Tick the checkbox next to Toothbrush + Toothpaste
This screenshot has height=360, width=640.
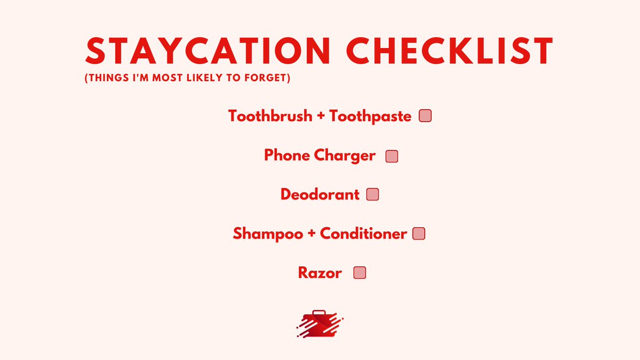point(425,116)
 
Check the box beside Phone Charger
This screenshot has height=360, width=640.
point(392,156)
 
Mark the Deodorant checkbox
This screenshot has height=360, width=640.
point(373,194)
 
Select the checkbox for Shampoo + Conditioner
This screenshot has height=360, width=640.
point(419,234)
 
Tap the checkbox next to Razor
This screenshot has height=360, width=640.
point(360,273)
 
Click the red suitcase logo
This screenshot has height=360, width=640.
point(319,323)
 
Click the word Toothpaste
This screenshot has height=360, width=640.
point(371,116)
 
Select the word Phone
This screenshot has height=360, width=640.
point(287,156)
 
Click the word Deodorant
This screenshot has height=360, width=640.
point(320,194)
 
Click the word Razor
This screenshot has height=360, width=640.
point(320,273)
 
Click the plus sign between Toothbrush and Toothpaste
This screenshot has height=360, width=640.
point(321,116)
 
